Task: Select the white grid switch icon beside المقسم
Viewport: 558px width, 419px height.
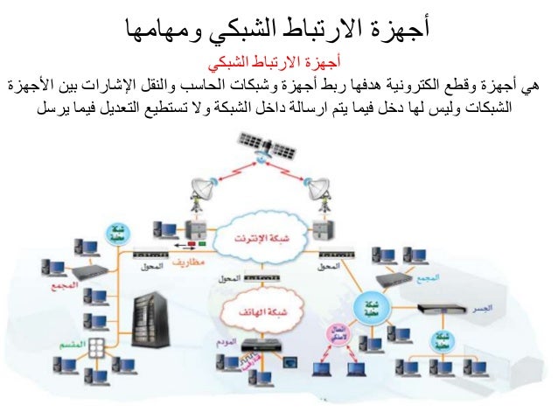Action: (x=96, y=345)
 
